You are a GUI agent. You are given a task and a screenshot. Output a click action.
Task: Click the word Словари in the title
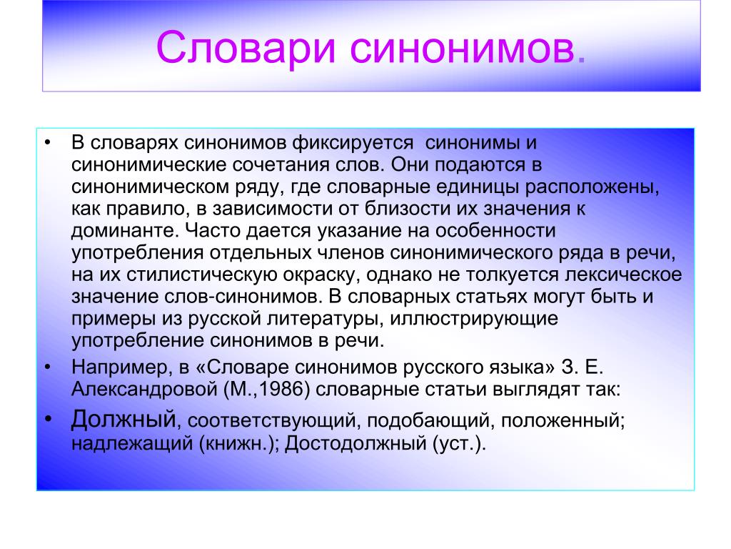click(246, 48)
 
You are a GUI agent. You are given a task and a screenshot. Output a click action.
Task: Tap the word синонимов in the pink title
click(463, 48)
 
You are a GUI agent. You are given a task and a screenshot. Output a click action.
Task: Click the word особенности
click(495, 230)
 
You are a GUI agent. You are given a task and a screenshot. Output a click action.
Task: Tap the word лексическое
click(623, 274)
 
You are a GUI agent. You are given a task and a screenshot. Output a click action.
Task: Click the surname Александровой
click(144, 390)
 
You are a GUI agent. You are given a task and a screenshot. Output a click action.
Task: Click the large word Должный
click(123, 420)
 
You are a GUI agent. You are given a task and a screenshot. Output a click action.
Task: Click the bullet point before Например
click(48, 368)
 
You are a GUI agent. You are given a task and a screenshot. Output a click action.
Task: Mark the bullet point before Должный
click(49, 418)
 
